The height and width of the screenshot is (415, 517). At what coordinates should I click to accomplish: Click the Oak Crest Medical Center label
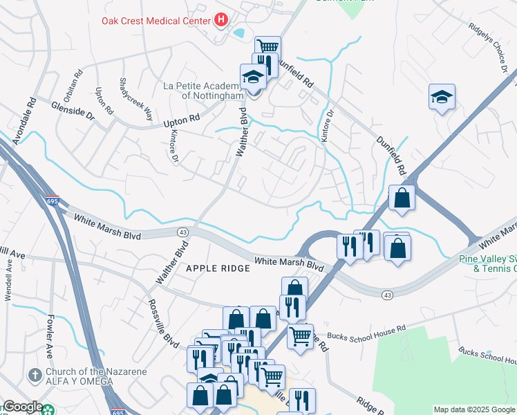(x=156, y=21)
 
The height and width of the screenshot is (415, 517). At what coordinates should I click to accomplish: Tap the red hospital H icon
(x=221, y=20)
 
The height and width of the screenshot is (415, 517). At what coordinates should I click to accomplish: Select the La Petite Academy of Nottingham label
(x=203, y=91)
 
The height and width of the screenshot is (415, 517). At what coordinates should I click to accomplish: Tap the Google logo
(x=23, y=407)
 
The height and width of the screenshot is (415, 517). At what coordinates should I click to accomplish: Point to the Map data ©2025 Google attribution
(x=474, y=409)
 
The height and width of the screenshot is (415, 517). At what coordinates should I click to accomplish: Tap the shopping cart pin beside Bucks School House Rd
(x=300, y=337)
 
